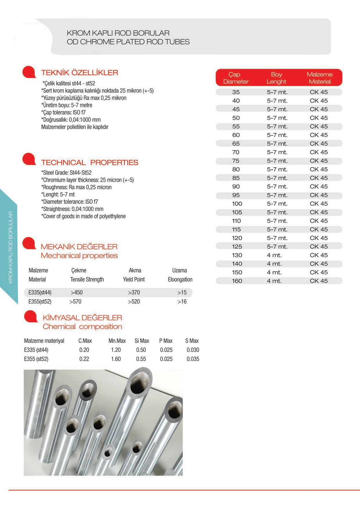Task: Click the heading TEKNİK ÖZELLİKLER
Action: [x=79, y=73]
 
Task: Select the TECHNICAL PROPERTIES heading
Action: [x=89, y=163]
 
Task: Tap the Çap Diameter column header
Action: [x=236, y=78]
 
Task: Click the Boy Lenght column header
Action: [x=276, y=78]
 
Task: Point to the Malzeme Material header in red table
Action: [x=319, y=78]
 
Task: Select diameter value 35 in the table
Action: [x=236, y=92]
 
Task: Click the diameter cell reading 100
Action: [x=237, y=204]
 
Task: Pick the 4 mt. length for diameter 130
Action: [x=274, y=255]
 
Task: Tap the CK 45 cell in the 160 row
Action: [x=318, y=281]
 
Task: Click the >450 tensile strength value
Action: [x=77, y=293]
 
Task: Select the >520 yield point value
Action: [x=134, y=302]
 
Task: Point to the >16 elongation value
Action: [x=182, y=302]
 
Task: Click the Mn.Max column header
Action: [x=117, y=341]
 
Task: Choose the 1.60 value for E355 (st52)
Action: [x=116, y=359]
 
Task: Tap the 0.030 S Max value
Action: [x=193, y=350]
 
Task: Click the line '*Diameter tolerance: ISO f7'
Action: [x=70, y=202]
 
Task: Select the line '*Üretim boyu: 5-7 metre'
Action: [x=67, y=105]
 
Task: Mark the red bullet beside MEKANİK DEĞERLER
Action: [x=29, y=243]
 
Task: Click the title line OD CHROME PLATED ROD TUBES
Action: [x=128, y=42]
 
